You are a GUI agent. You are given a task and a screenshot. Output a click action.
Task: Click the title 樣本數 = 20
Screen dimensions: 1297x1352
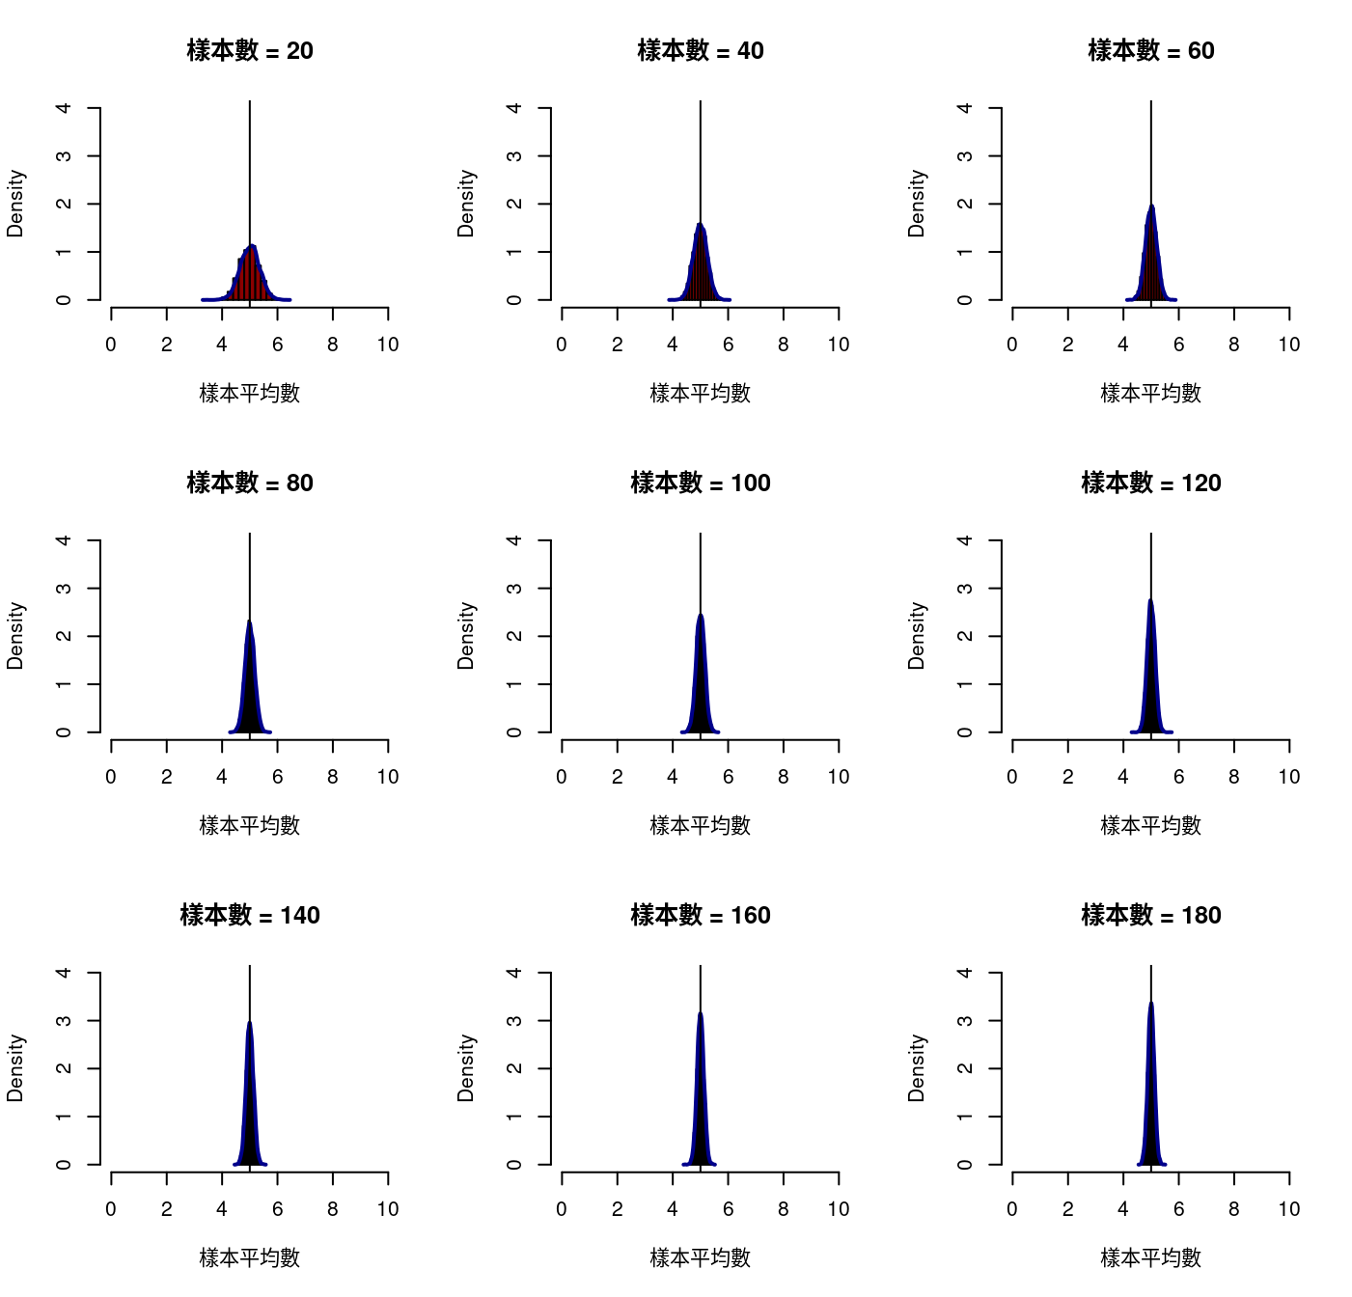250,50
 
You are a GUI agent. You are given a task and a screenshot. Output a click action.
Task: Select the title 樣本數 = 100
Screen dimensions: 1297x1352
701,483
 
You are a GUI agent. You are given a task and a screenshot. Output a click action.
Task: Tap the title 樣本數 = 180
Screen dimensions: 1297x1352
1151,915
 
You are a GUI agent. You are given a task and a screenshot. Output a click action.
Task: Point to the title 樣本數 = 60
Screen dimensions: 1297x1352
1151,50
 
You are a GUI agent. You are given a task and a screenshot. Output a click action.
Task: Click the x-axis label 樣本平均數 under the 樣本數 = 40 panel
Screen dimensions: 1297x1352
701,393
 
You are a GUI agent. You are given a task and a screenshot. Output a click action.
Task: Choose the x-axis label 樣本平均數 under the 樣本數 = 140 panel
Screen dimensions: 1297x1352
250,1257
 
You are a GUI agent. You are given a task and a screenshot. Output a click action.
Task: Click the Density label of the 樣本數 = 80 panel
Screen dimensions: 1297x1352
15,636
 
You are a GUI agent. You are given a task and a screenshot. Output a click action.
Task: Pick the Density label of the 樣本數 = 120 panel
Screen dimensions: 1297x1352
917,636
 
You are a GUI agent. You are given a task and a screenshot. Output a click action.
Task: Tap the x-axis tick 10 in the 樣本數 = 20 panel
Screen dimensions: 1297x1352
388,345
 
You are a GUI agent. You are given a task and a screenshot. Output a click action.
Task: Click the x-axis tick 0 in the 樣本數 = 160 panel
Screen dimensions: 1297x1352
562,1209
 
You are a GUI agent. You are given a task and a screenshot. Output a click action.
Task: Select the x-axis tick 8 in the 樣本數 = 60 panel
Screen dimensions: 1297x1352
1234,345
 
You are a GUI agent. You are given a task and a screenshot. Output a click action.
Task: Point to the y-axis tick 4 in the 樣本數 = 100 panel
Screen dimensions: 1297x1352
514,540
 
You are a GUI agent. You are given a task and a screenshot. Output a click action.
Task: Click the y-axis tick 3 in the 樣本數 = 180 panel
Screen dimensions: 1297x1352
965,1021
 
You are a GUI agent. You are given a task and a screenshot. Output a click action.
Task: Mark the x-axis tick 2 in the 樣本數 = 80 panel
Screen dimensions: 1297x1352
167,777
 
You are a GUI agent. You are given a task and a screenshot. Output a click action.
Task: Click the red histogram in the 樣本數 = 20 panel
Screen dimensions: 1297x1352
250,280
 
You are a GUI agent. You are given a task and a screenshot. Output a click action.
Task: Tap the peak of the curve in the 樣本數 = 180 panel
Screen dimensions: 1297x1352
1151,1003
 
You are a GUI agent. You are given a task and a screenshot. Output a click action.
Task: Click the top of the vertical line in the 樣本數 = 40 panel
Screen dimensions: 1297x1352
701,102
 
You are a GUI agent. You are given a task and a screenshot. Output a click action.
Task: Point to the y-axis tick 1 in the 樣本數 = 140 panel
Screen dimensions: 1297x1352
64,1117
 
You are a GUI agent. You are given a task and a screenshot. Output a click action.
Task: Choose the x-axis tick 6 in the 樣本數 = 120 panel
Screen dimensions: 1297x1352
1178,777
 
